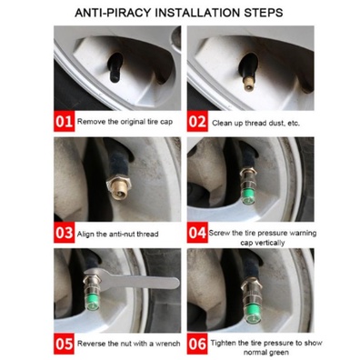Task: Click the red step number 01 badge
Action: [x=64, y=121]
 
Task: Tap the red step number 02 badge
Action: [x=197, y=121]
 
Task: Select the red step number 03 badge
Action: [x=64, y=233]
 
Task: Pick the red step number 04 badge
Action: [x=197, y=233]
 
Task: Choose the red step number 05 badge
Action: [x=64, y=344]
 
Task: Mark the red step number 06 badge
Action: [x=197, y=344]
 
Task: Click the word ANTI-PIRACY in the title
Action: [x=113, y=13]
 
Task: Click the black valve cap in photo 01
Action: [x=115, y=67]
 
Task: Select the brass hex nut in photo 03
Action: [x=118, y=185]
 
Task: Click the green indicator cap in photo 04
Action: [x=249, y=196]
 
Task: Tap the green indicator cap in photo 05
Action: [x=92, y=302]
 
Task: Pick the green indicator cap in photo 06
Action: [x=253, y=314]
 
